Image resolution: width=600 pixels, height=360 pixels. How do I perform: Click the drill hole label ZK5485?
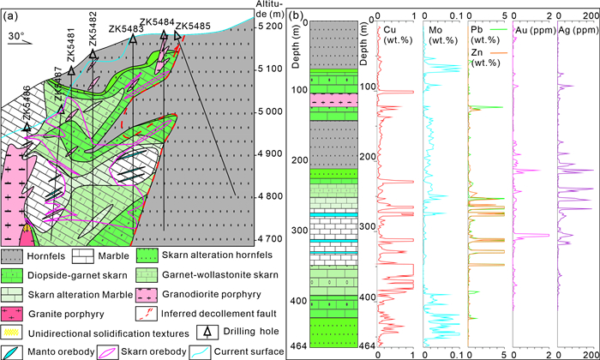point(193,26)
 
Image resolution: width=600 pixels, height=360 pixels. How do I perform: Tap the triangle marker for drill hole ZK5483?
point(133,39)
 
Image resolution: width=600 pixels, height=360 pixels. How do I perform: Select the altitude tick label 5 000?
point(269,111)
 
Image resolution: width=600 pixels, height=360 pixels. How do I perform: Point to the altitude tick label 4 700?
point(269,239)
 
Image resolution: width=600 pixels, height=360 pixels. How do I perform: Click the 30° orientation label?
point(16,36)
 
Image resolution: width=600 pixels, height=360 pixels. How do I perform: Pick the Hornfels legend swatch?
point(12,256)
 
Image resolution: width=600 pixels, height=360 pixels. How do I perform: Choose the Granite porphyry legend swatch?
point(12,314)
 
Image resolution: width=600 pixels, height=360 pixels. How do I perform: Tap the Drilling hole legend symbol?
point(207,332)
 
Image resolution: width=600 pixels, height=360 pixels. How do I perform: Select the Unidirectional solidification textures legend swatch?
point(12,333)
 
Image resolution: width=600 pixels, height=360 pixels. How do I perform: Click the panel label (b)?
point(296,15)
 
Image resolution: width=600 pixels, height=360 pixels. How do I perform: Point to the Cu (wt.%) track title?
point(398,35)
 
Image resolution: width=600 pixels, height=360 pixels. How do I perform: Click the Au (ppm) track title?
point(536,30)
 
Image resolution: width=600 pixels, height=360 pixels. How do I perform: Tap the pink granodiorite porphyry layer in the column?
point(333,100)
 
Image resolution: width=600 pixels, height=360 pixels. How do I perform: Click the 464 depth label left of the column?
point(299,345)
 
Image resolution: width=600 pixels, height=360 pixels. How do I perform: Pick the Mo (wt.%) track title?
point(443,35)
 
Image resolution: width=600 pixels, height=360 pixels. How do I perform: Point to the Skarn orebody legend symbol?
point(108,352)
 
